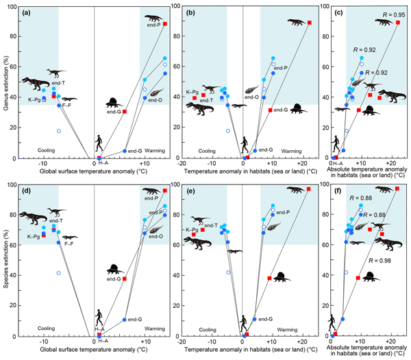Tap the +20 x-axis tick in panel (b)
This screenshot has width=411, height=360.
coord(302,165)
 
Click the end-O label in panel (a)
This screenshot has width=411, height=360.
coord(155,100)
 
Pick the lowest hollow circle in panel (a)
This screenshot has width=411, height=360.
coord(59,131)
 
